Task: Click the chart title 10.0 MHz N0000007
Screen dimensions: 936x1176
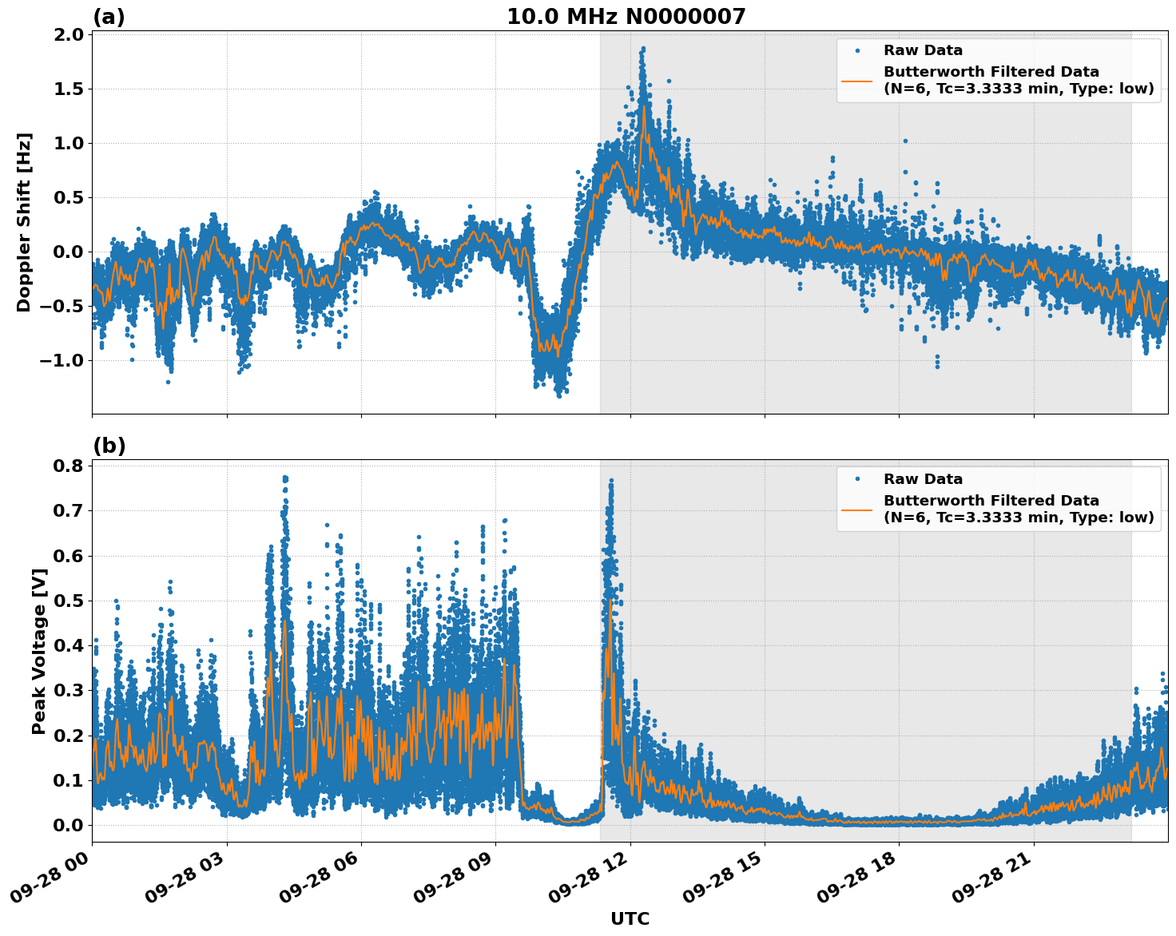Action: pos(626,17)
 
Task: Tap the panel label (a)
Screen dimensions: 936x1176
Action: pos(109,17)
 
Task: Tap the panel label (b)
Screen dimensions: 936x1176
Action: pos(109,446)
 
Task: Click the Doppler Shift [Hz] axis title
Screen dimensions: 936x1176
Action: pos(24,222)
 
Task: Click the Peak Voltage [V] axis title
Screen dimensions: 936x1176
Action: pos(39,651)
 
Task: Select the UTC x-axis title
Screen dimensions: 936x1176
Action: pos(630,918)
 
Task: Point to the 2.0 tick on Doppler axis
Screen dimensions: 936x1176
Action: pos(70,34)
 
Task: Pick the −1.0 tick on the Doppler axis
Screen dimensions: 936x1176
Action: pos(63,360)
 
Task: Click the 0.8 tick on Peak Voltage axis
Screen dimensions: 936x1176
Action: pos(70,466)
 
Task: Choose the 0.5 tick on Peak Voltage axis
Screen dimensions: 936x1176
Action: pos(70,601)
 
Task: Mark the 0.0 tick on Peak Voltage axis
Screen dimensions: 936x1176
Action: pos(70,825)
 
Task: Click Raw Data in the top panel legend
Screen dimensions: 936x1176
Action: pos(923,51)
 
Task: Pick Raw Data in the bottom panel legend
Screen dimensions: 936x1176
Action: pos(923,480)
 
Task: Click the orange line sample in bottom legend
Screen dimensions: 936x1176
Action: pos(857,509)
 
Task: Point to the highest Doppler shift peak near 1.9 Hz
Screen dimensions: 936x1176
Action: pos(642,49)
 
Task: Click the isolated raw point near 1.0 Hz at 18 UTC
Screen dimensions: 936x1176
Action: pos(905,141)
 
